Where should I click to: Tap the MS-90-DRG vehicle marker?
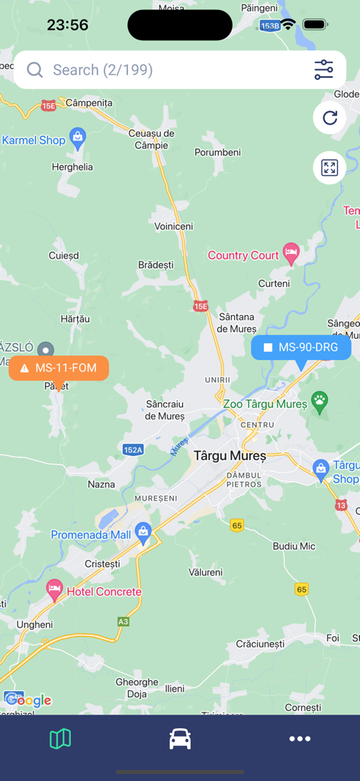pyautogui.click(x=301, y=348)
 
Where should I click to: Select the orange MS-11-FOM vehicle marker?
pyautogui.click(x=59, y=368)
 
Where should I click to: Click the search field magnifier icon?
pyautogui.click(x=34, y=70)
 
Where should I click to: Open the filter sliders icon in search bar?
pyautogui.click(x=323, y=70)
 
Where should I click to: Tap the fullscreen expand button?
pyautogui.click(x=329, y=168)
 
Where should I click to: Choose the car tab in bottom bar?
pyautogui.click(x=180, y=738)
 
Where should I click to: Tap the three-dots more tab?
pyautogui.click(x=300, y=738)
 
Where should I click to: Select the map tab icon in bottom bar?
pyautogui.click(x=60, y=738)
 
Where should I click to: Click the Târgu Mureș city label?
pyautogui.click(x=230, y=456)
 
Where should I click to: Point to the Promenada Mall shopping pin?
pyautogui.click(x=143, y=531)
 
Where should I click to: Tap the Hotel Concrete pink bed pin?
pyautogui.click(x=54, y=589)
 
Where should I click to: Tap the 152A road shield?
pyautogui.click(x=133, y=450)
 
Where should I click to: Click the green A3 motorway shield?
pyautogui.click(x=123, y=622)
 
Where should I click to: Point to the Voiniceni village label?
pyautogui.click(x=174, y=227)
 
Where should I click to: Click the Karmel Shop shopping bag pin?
pyautogui.click(x=77, y=137)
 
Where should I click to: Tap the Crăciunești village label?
pyautogui.click(x=260, y=644)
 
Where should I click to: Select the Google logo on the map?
pyautogui.click(x=28, y=700)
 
